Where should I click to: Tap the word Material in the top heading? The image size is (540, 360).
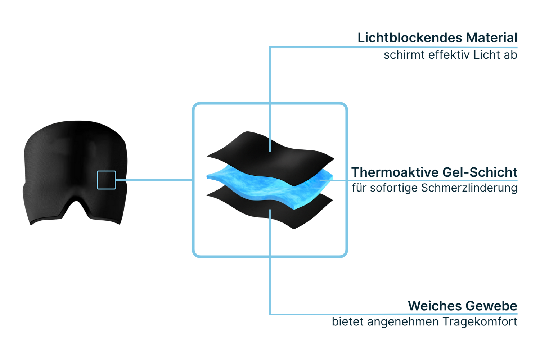pos(491,37)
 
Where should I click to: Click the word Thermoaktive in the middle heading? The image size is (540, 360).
pos(394,172)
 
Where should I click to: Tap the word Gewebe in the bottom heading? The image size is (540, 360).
pos(491,306)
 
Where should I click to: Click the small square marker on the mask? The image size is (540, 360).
pos(106,180)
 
